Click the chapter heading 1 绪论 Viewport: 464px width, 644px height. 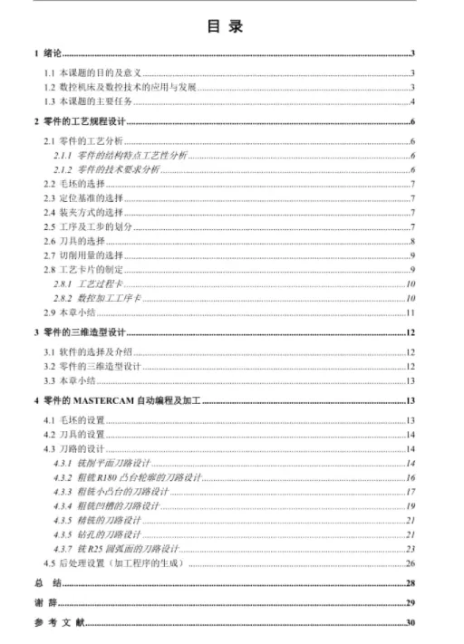(x=48, y=54)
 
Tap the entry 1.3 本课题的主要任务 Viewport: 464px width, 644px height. (x=90, y=101)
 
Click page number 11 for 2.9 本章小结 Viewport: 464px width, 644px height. (x=410, y=312)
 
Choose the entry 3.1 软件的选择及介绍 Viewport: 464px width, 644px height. (x=87, y=351)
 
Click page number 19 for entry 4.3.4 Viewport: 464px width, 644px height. (x=410, y=505)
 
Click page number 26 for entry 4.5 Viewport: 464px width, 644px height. (x=410, y=562)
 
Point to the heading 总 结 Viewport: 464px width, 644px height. (x=46, y=583)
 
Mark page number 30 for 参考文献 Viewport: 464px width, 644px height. (x=410, y=622)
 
